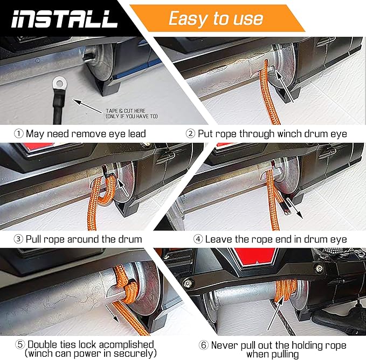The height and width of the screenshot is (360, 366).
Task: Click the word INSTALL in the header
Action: point(64,18)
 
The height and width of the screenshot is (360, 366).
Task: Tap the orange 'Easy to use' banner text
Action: point(216,18)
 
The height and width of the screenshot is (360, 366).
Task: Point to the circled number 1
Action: point(18,133)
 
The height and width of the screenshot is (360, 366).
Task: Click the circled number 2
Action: point(190,133)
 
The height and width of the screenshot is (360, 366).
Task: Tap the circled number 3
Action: point(18,239)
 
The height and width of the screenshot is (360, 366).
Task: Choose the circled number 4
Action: point(197,239)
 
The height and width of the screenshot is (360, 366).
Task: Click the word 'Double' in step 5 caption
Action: point(44,344)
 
